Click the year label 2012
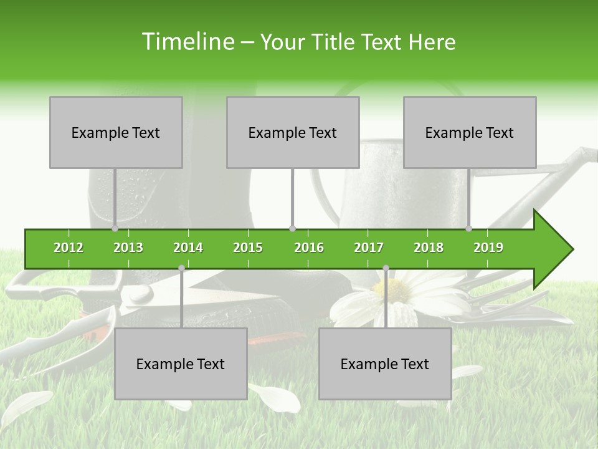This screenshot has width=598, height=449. click(x=69, y=248)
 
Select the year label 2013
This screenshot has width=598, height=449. click(x=128, y=248)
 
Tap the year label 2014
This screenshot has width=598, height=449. click(x=188, y=248)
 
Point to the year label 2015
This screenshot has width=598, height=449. click(x=248, y=248)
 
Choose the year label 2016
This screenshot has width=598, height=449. click(x=309, y=248)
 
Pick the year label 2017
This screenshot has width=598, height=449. click(x=369, y=248)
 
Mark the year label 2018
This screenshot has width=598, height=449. click(x=429, y=248)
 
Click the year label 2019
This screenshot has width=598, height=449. click(x=488, y=248)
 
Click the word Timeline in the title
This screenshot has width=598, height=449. click(x=187, y=42)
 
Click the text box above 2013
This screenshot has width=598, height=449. click(x=116, y=132)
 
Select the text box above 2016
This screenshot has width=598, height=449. click(x=293, y=132)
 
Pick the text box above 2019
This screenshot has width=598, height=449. click(x=470, y=132)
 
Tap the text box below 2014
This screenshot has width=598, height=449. click(x=181, y=364)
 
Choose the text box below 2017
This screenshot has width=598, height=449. click(x=385, y=364)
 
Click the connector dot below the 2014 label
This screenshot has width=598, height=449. click(x=181, y=268)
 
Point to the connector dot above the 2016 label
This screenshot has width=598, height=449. click(x=292, y=228)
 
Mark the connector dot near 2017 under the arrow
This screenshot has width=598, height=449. click(x=386, y=268)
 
